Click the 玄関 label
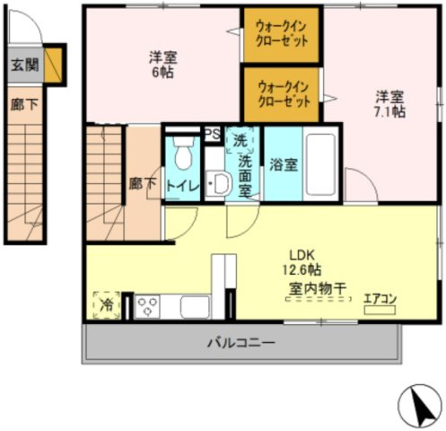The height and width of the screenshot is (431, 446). coord(24,65)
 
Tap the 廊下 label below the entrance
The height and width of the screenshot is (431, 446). coord(24,104)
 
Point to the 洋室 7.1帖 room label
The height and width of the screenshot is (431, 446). coord(389,104)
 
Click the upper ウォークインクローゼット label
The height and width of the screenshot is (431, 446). coord(282,34)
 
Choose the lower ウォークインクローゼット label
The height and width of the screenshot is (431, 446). coord(284,94)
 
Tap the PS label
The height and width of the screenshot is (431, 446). coord(214,134)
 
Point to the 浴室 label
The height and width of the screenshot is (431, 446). coord(284,163)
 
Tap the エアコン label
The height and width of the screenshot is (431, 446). coord(380,299)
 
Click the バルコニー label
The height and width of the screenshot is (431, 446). coord(239,341)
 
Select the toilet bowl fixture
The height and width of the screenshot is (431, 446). coord(183,154)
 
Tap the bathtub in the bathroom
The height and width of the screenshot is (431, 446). coord(320,163)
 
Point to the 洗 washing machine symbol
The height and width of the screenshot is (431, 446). coord(240,140)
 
